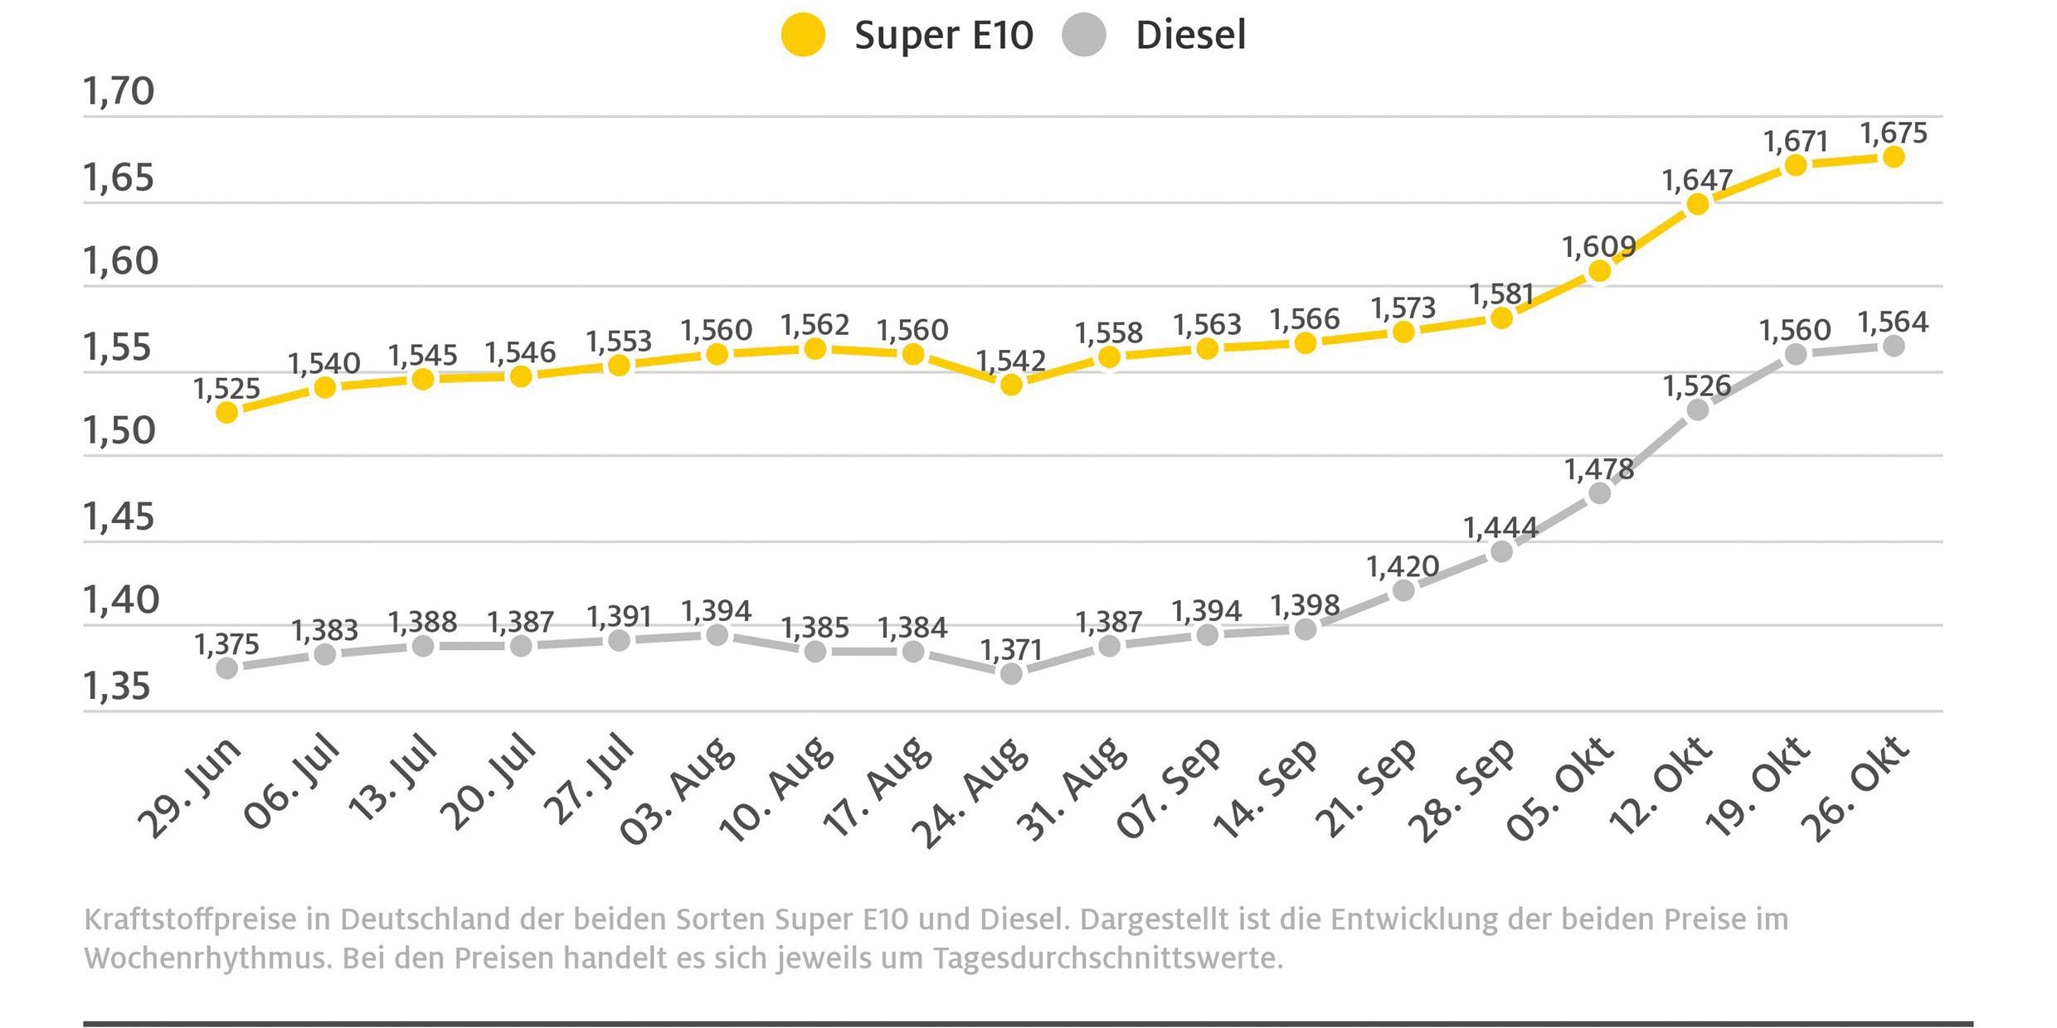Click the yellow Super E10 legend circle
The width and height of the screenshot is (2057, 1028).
(x=803, y=36)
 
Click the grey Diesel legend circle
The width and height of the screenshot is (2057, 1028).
(x=1084, y=36)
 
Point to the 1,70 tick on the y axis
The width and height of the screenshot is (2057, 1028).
(x=119, y=91)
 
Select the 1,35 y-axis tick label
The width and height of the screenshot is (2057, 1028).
(x=117, y=686)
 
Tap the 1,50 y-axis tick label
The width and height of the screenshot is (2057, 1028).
(x=119, y=431)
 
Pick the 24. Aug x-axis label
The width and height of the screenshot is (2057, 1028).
(x=970, y=792)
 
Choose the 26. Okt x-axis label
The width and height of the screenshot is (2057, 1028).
(x=1855, y=788)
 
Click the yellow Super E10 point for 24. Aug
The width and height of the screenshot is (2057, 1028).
(x=1011, y=385)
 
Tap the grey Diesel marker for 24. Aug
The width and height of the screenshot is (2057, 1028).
(x=1011, y=673)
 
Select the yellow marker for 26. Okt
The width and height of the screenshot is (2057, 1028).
(x=1894, y=157)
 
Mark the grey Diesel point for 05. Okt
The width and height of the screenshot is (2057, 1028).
(x=1599, y=493)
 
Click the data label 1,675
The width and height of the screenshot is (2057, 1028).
(x=1894, y=133)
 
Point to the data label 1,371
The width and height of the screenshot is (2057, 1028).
(x=1011, y=650)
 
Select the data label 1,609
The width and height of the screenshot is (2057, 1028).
(x=1599, y=247)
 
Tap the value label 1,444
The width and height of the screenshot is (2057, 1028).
(x=1500, y=528)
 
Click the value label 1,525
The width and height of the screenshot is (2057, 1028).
(x=226, y=389)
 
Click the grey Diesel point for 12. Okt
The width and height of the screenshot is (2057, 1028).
(x=1698, y=410)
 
